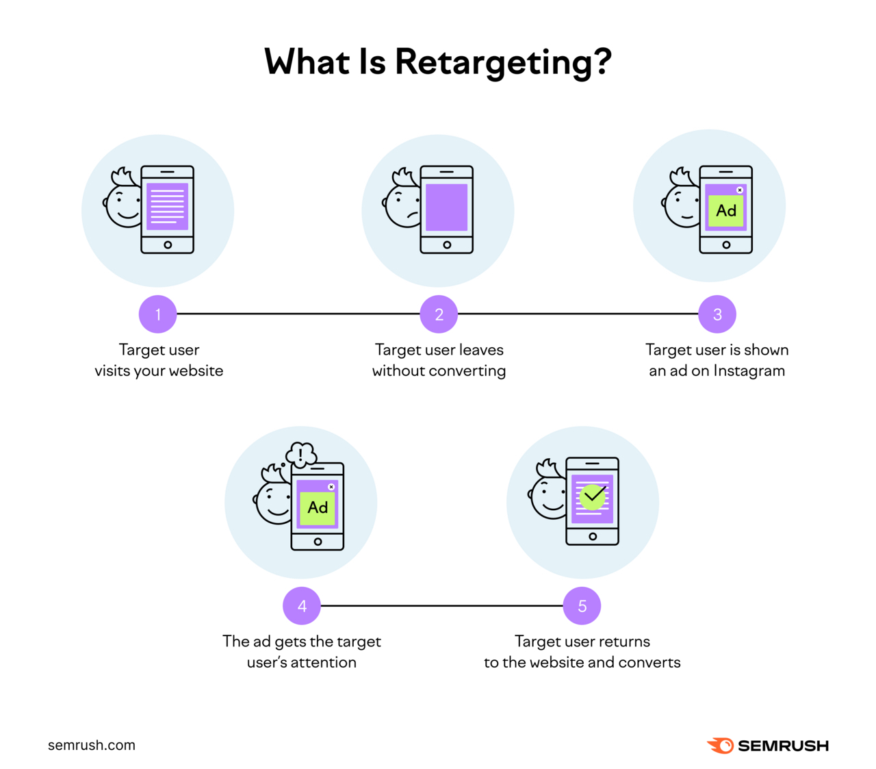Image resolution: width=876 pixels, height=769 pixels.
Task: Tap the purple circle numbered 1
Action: point(158,314)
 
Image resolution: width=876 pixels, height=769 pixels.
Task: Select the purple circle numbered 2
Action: point(439,314)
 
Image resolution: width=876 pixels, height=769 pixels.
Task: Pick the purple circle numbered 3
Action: point(717,314)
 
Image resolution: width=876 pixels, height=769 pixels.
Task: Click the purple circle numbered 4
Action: point(302,606)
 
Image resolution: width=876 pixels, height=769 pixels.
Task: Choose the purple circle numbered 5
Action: point(582,606)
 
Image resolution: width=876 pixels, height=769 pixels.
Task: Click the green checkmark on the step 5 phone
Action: point(593,496)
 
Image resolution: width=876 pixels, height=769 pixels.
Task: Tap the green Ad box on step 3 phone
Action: point(726,211)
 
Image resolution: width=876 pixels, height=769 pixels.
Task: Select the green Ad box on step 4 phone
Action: point(318,508)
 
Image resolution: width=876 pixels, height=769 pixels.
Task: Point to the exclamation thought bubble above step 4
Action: point(301,454)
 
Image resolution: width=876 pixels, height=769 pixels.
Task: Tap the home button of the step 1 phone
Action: point(168,244)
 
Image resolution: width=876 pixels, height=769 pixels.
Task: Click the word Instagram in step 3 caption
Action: point(749,371)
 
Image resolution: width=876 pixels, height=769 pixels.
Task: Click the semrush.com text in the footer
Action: point(92,745)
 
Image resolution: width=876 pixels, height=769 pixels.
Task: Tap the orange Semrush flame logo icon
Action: point(720,746)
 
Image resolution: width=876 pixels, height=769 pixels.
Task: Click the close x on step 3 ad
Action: point(740,190)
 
